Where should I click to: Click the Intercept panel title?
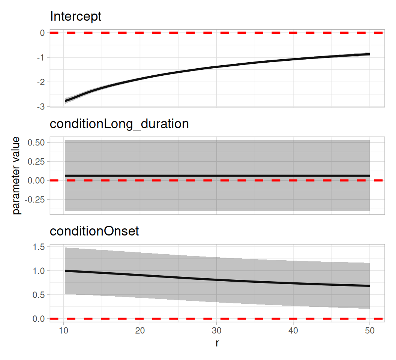75,16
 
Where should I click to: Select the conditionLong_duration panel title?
119,124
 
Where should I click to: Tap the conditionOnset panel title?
94,231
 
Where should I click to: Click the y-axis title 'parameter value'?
16,175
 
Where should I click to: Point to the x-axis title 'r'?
217,343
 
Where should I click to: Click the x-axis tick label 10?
64,330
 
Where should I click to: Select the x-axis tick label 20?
140,330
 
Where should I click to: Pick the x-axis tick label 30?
216,330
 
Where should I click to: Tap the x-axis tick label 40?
293,330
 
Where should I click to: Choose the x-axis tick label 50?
370,330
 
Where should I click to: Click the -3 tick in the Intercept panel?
41,106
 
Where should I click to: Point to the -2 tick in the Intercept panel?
41,82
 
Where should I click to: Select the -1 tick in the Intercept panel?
41,58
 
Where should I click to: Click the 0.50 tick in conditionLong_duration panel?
36,142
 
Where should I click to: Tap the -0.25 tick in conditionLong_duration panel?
35,199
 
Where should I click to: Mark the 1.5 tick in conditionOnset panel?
39,247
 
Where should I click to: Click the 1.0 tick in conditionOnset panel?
39,271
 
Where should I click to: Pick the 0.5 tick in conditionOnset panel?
39,295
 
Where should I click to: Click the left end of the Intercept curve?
65,101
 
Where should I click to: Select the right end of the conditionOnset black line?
370,286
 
